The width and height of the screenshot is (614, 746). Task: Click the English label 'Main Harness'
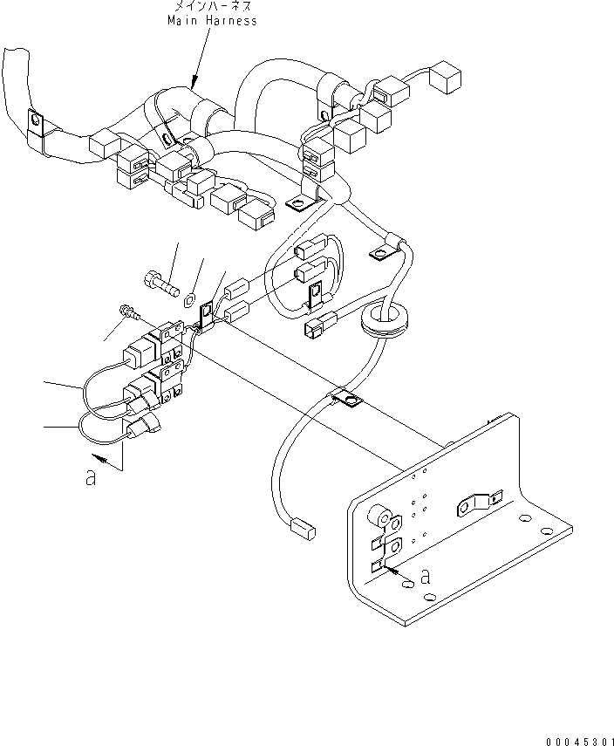point(213,20)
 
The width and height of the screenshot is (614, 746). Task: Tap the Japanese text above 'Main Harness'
point(213,7)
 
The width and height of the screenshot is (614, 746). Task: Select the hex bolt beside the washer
point(159,281)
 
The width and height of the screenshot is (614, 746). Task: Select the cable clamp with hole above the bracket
point(348,400)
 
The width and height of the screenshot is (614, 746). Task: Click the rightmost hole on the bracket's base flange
point(545,530)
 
